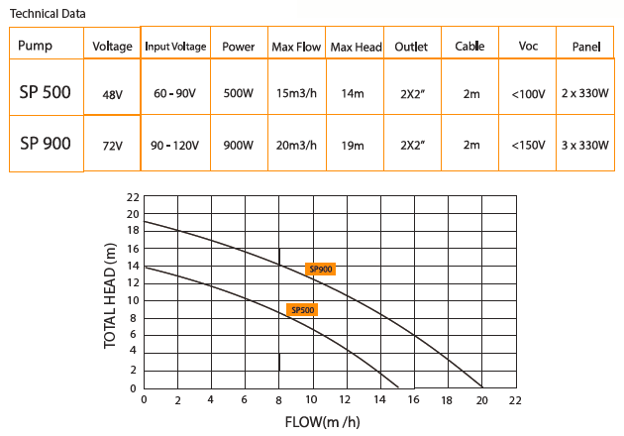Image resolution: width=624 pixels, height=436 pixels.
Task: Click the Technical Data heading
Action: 48,14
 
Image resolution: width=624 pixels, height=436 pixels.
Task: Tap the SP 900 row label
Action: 46,144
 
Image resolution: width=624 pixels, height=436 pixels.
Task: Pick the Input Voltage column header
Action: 175,47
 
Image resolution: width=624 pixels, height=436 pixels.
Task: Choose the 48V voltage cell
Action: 112,95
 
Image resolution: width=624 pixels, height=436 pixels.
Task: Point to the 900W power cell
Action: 239,145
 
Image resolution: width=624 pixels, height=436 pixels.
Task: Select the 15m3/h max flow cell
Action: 296,94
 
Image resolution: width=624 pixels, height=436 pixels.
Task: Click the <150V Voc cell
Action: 529,145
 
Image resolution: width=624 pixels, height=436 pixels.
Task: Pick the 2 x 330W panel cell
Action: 584,94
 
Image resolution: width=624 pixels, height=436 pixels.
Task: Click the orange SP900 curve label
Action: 321,269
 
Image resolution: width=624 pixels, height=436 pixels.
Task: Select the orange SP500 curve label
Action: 302,310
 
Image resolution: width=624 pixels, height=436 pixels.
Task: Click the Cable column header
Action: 469,47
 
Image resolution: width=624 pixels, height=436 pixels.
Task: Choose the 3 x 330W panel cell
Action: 584,145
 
